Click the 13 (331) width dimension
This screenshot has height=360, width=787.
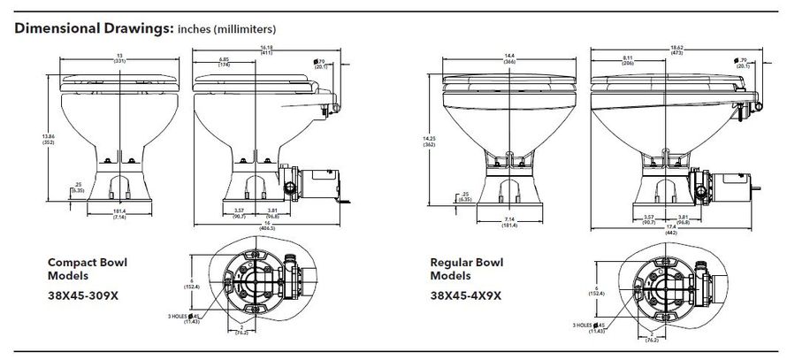tap(118, 58)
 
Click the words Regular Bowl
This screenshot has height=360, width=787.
tap(461, 264)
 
